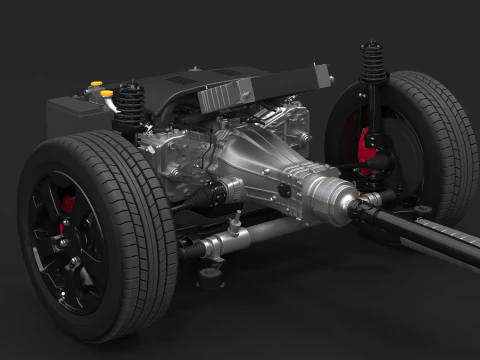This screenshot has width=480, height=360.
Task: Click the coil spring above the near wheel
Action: (x=130, y=102)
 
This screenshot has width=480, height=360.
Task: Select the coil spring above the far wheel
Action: (x=373, y=62)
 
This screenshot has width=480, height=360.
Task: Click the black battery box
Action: (x=74, y=114)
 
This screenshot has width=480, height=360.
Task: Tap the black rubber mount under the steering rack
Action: (x=210, y=271)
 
